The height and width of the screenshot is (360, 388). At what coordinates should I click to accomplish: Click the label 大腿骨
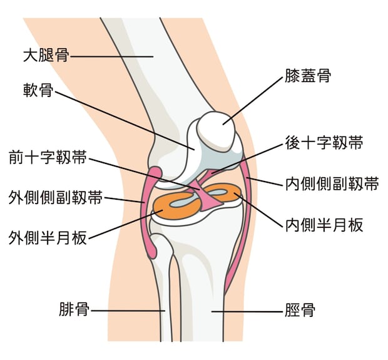pos(46,56)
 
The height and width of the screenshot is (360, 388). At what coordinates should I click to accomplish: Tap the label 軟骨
pos(38,90)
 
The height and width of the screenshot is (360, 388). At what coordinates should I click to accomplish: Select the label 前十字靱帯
pos(48,157)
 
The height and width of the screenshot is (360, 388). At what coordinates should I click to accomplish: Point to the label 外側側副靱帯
pos(56,197)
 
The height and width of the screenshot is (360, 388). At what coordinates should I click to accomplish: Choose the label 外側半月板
pos(48,238)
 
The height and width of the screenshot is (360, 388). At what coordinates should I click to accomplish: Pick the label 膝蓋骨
pos(308,76)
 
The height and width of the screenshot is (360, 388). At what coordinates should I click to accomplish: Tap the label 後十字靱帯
pos(324,143)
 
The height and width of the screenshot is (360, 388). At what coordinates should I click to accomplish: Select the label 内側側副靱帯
pos(332,184)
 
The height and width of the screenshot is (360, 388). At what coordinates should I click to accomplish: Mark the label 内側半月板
pos(324,225)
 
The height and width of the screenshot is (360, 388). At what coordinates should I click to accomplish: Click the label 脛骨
pos(300,311)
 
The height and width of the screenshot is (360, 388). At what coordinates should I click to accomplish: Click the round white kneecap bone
pos(216,131)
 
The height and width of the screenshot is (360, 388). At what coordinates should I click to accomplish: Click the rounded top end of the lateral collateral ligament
pos(155,172)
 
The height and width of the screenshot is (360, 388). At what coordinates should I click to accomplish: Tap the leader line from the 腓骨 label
pos(128,311)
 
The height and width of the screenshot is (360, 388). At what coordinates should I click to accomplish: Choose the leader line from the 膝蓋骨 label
pos(253,101)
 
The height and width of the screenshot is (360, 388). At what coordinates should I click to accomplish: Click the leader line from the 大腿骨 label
pos(111,56)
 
